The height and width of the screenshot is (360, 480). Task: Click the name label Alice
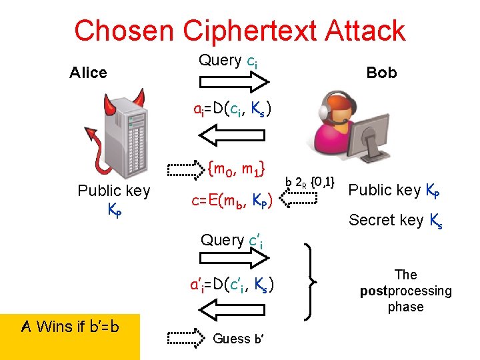pyautogui.click(x=88, y=73)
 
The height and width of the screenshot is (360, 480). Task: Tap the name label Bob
pyautogui.click(x=381, y=73)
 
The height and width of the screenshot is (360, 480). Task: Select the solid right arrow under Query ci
pyautogui.click(x=233, y=82)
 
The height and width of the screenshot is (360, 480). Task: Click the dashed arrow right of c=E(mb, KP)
pyautogui.click(x=299, y=197)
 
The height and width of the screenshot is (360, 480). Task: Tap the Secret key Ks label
pyautogui.click(x=395, y=221)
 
